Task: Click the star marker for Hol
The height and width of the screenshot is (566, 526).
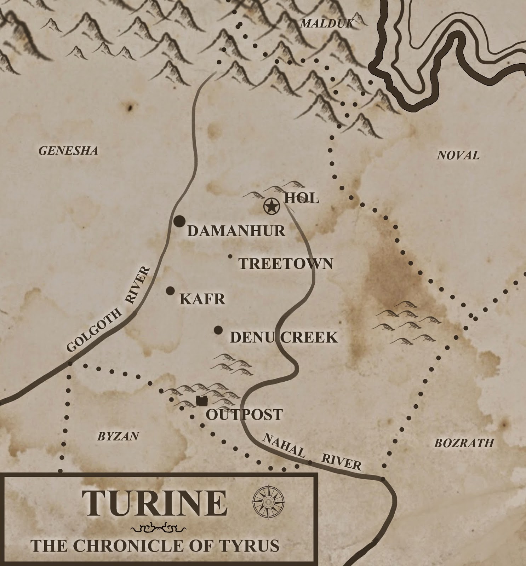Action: coord(271,206)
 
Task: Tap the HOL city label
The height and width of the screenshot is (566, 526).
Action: coord(302,198)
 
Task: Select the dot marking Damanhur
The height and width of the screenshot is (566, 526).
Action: coord(179,221)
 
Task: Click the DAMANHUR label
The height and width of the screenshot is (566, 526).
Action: coord(236,231)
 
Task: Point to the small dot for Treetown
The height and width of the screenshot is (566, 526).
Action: coord(230,256)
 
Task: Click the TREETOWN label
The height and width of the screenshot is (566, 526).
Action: coord(286,264)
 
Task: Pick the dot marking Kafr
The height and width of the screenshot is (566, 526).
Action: coord(170,291)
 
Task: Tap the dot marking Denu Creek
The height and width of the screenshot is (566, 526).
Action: coord(218,330)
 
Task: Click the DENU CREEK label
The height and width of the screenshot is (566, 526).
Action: coord(284,337)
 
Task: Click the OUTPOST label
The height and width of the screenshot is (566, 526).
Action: coord(244,415)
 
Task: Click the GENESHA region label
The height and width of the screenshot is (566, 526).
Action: coord(68,151)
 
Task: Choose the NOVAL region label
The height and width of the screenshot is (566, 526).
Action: coord(458,155)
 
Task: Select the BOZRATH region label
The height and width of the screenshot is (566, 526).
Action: coord(464,443)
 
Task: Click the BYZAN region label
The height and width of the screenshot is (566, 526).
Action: coord(118,437)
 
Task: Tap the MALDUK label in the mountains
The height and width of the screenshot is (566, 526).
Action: coord(326,24)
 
